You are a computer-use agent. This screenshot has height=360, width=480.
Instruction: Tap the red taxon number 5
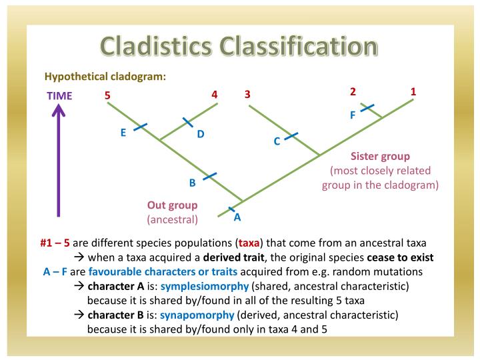[x=107, y=95]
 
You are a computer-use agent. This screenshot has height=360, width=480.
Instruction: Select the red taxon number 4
[x=215, y=95]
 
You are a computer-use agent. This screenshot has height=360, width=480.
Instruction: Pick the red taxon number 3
[x=247, y=95]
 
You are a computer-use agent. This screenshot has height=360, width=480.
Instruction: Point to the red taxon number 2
[x=353, y=91]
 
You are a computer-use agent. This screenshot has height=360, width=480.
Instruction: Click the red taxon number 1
[x=413, y=91]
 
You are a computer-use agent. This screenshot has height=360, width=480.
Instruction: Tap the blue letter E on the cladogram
[x=123, y=133]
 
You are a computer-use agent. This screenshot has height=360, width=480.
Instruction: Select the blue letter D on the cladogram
[x=200, y=134]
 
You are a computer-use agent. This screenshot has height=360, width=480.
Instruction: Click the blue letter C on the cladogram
[x=277, y=141]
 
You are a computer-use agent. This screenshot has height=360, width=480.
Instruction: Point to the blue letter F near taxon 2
[x=353, y=115]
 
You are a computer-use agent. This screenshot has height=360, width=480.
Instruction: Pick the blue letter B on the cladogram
[x=192, y=183]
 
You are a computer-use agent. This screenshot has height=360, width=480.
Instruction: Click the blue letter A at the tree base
[x=237, y=217]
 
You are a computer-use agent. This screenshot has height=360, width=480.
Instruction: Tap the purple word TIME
[x=59, y=95]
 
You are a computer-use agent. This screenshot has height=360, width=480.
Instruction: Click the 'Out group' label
[x=172, y=205]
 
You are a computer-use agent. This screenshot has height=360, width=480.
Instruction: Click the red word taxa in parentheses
[x=249, y=243]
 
